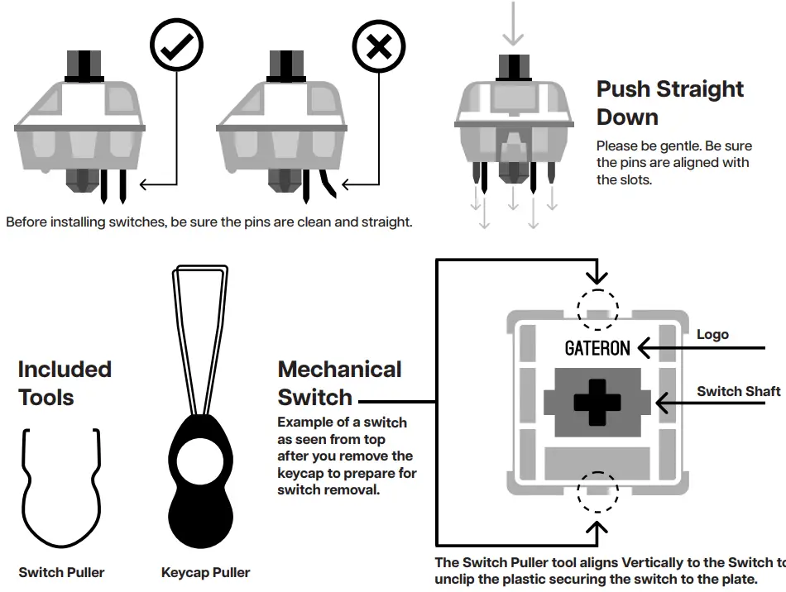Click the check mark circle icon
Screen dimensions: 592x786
pyautogui.click(x=176, y=49)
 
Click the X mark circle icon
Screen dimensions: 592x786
pyautogui.click(x=379, y=49)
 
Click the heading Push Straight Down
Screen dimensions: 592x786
pyautogui.click(x=669, y=103)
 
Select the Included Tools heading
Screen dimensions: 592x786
pyautogui.click(x=65, y=383)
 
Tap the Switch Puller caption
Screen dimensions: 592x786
pyautogui.click(x=62, y=572)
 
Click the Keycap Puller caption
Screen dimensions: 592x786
pyautogui.click(x=205, y=572)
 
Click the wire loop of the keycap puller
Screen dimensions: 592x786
pyautogui.click(x=199, y=331)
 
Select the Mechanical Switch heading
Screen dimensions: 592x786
pyautogui.click(x=339, y=383)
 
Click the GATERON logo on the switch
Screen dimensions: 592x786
pyautogui.click(x=597, y=348)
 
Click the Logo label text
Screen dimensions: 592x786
pyautogui.click(x=712, y=334)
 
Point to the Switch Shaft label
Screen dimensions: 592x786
pyautogui.click(x=738, y=391)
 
